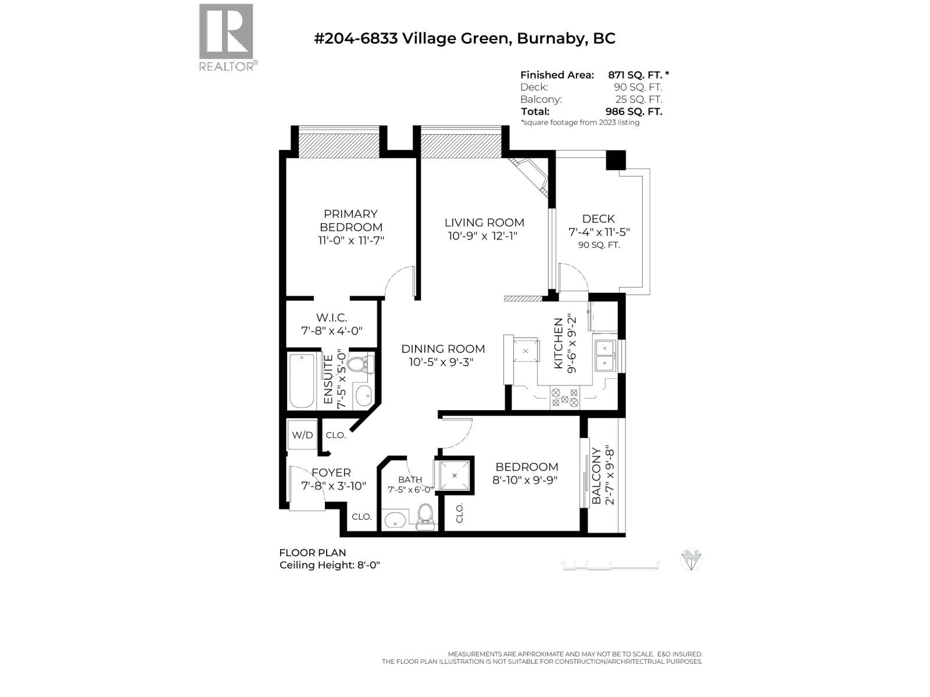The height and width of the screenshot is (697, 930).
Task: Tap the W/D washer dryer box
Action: (x=302, y=434)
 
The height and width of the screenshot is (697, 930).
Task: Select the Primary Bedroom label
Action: (x=350, y=220)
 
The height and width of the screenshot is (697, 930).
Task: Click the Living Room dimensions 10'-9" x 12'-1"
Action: (x=482, y=236)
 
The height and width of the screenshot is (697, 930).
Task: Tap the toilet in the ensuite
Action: (x=356, y=365)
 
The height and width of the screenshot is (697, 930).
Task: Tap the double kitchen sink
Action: (x=604, y=355)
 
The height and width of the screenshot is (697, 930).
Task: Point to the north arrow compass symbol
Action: (x=691, y=559)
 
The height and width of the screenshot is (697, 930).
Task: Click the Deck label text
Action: (x=598, y=218)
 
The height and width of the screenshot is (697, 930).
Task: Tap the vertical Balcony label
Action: (x=596, y=476)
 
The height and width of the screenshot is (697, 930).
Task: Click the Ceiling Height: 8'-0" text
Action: (x=330, y=565)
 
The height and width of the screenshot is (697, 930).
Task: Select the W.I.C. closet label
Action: (x=332, y=318)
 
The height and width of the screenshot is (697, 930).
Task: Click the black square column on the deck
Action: (x=616, y=160)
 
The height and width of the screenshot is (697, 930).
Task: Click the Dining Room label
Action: (x=443, y=348)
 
